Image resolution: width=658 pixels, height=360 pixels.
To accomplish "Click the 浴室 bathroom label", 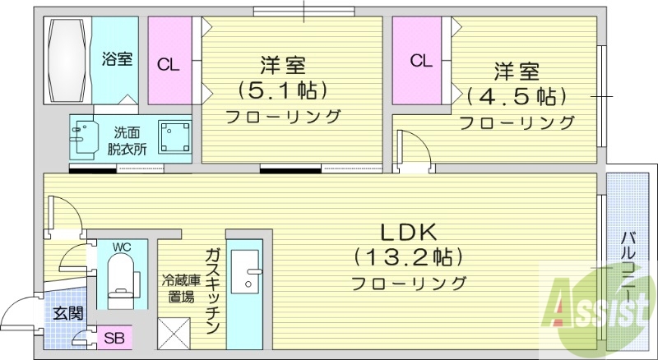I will [x=117, y=60].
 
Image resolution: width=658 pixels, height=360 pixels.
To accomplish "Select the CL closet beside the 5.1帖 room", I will [x=169, y=63].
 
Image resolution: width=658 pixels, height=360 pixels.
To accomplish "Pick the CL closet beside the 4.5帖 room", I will [x=420, y=60].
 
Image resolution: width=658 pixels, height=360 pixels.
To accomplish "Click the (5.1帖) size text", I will [x=284, y=88].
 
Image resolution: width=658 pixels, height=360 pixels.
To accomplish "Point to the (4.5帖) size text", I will [x=517, y=96].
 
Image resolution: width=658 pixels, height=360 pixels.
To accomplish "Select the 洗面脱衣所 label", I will [x=126, y=140].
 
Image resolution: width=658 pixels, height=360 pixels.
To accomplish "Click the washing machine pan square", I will [x=176, y=136].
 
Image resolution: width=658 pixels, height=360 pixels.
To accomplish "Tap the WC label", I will [x=123, y=247].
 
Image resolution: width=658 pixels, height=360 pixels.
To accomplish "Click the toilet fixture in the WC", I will [x=122, y=275].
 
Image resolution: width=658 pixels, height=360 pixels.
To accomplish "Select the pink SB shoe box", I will [x=114, y=338].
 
